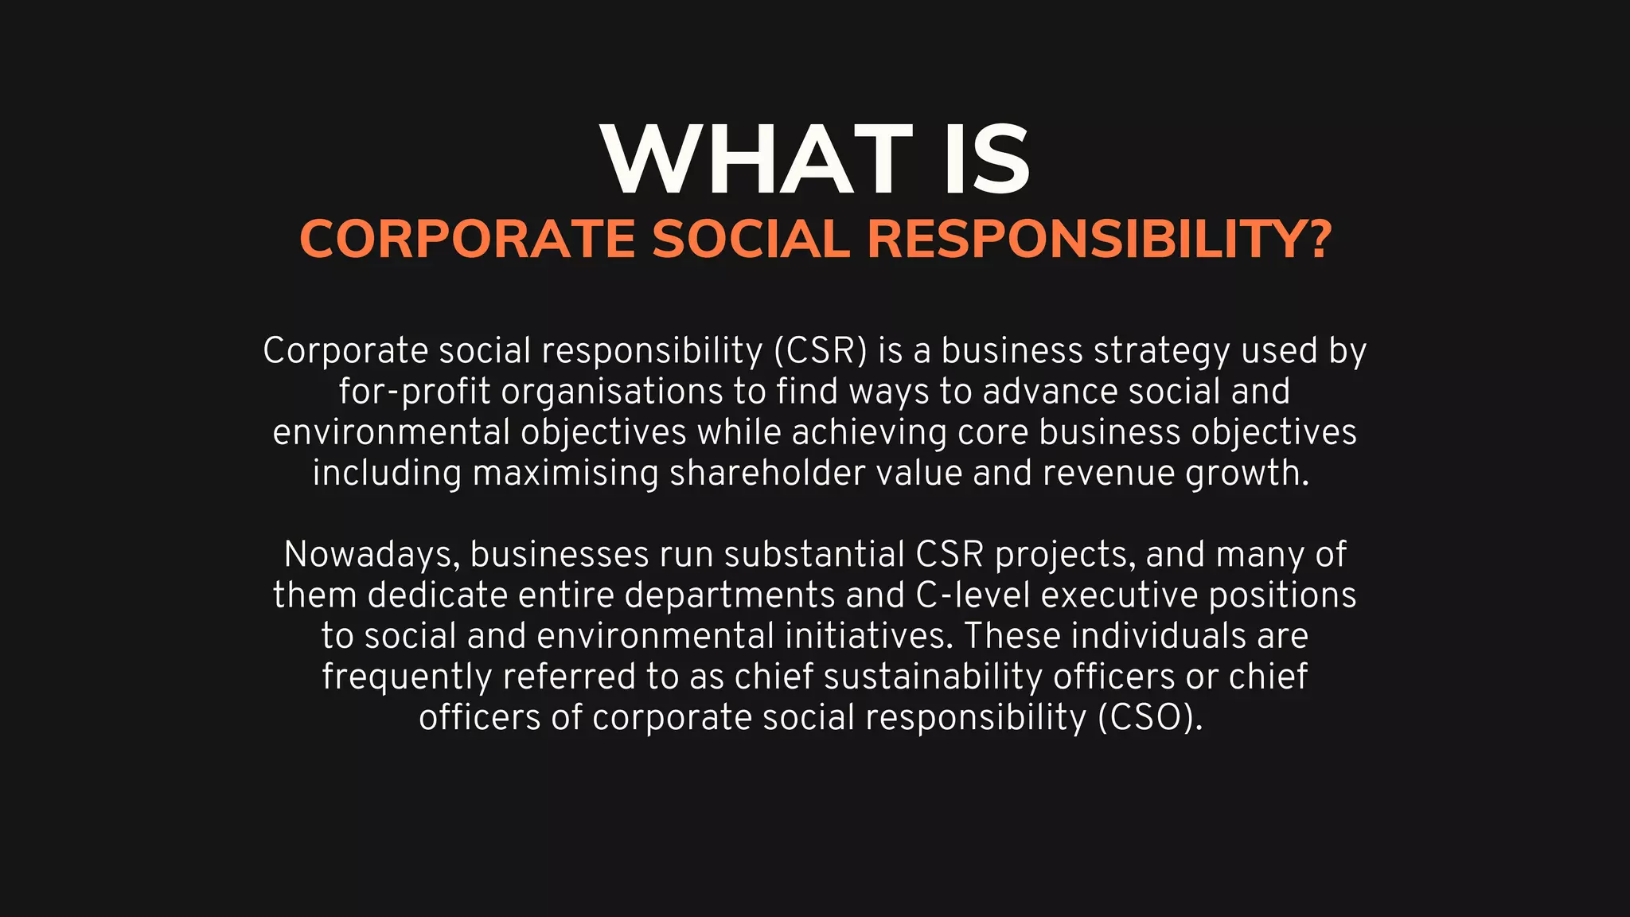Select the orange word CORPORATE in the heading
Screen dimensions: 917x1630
pyautogui.click(x=467, y=239)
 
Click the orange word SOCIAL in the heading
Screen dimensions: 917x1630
pyautogui.click(x=751, y=239)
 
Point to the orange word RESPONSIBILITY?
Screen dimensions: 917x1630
pyautogui.click(x=1099, y=239)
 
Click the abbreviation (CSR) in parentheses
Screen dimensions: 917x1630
pyautogui.click(x=820, y=351)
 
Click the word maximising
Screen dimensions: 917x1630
pyautogui.click(x=565, y=473)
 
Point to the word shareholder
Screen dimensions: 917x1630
pyautogui.click(x=766, y=473)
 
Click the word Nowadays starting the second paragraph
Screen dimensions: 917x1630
pyautogui.click(x=372, y=555)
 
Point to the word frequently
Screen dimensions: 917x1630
pyautogui.click(x=407, y=677)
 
